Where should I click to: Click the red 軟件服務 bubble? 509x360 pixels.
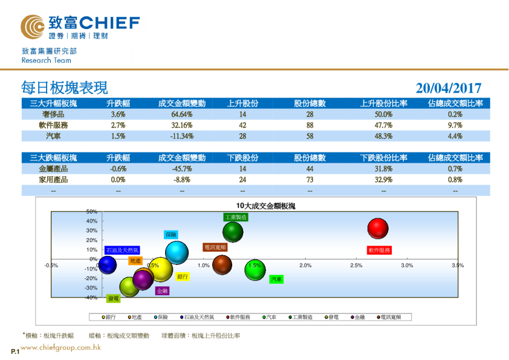pos(378,229)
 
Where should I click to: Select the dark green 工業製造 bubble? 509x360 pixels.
pos(233,231)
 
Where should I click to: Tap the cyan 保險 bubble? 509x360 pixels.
pos(177,252)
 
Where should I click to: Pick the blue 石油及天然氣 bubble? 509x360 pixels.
pos(108,264)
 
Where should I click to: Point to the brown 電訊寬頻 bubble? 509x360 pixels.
pos(222,264)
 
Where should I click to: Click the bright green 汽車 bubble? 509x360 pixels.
pos(255,270)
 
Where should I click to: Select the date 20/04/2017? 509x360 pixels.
pos(448,88)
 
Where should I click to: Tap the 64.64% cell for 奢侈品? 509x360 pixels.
pos(181,114)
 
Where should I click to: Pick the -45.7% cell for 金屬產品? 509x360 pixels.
pos(181,169)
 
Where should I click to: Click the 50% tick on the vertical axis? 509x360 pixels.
pos(91,212)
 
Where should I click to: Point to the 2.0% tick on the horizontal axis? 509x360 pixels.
pos(305,266)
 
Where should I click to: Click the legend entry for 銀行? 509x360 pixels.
pos(109,316)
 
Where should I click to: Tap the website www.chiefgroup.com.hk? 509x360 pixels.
pos(60,348)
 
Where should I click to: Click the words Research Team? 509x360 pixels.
pos(46,61)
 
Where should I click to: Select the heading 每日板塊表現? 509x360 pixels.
pos(64,88)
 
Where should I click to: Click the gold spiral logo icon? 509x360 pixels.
pos(33,25)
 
